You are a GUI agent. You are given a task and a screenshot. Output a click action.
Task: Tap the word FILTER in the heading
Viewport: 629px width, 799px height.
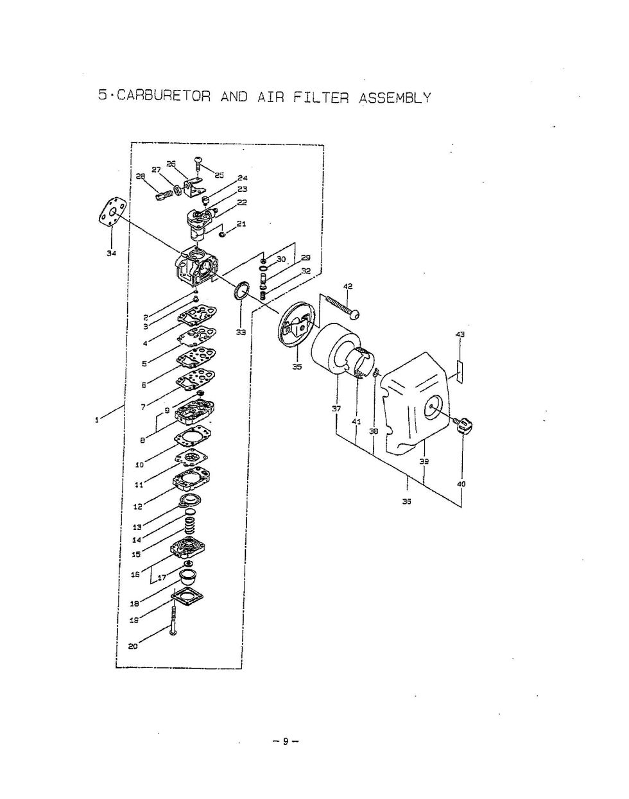tap(321, 98)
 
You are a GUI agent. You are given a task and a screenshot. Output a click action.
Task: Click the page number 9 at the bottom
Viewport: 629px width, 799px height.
tap(286, 742)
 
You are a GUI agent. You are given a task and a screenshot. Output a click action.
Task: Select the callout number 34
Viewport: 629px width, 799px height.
tap(112, 253)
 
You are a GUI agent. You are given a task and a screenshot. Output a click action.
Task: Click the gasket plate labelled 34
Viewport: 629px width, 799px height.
tap(112, 214)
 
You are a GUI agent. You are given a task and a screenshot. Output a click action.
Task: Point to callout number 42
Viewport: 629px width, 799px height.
tap(348, 286)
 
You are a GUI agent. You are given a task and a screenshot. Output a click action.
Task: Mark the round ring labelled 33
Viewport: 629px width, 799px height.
tap(242, 289)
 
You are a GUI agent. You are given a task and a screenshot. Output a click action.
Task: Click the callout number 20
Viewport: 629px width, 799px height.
tap(133, 646)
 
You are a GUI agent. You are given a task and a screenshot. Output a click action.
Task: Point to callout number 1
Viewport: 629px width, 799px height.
tap(96, 420)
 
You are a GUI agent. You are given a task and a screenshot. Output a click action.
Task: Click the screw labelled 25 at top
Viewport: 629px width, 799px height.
tap(198, 164)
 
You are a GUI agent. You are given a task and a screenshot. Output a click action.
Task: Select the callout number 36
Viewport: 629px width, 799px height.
tap(406, 502)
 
